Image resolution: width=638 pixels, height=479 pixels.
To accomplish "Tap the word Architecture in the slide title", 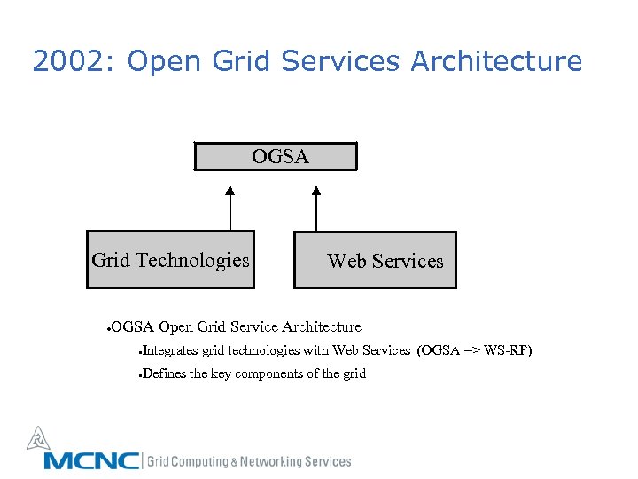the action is click(x=496, y=62).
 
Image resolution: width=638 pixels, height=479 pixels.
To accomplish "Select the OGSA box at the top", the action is click(x=276, y=156).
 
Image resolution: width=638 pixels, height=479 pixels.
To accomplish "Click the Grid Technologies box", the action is click(x=170, y=260).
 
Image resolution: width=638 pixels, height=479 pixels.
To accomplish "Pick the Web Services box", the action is click(x=376, y=261).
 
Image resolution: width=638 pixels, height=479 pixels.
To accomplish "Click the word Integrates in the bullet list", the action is click(x=170, y=350).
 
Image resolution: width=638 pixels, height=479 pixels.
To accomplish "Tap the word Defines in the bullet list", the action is click(x=164, y=373).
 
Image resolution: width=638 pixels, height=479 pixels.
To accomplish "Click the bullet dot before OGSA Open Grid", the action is click(x=107, y=329).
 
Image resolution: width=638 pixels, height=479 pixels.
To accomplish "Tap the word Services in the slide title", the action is click(x=341, y=62).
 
